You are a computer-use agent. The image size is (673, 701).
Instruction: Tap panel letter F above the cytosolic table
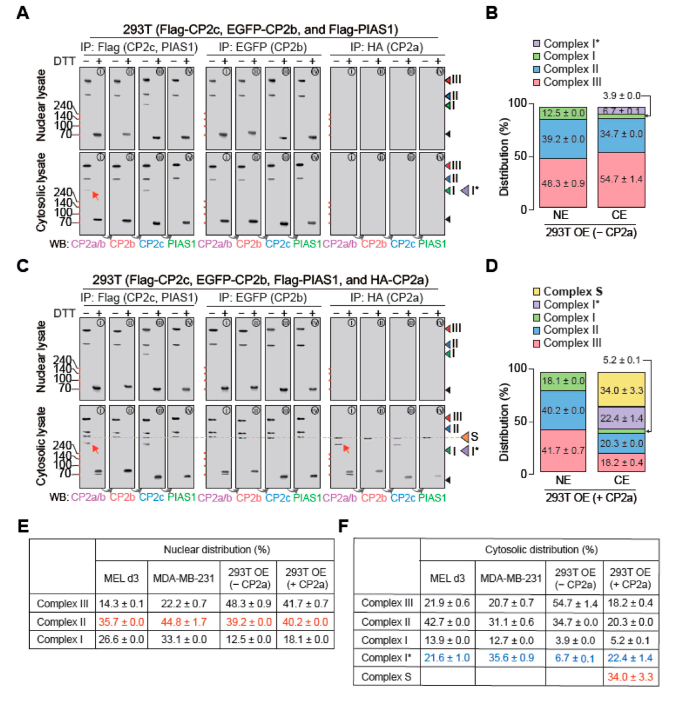click(343, 526)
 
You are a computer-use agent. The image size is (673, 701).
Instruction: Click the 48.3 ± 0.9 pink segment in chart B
click(563, 183)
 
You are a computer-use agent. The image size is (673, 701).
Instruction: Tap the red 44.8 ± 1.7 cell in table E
click(184, 622)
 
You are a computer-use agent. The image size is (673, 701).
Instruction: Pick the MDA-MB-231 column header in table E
click(184, 578)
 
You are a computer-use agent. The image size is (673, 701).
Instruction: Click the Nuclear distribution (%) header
click(216, 550)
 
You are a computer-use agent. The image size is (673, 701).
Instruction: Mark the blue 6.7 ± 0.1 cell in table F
click(575, 658)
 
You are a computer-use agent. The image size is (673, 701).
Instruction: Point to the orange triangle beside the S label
click(464, 437)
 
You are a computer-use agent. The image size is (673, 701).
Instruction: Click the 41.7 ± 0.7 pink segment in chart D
click(563, 450)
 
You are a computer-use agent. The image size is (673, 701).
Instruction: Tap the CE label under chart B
click(619, 215)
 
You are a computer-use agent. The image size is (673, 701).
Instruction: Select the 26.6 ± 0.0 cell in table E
click(121, 640)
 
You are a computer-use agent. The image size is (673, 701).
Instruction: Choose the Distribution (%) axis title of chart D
click(504, 422)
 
